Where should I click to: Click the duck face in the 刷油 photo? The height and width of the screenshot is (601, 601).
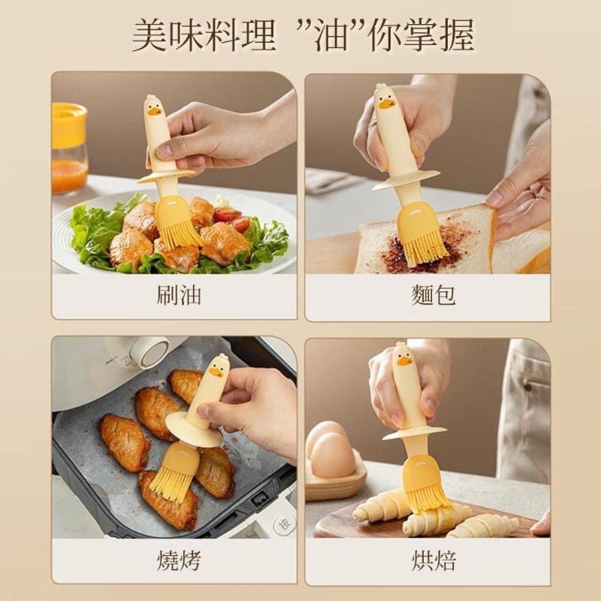tap(154, 110)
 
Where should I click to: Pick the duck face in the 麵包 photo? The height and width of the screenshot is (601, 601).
tap(385, 101)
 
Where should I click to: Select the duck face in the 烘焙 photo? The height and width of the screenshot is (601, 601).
tap(403, 359)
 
